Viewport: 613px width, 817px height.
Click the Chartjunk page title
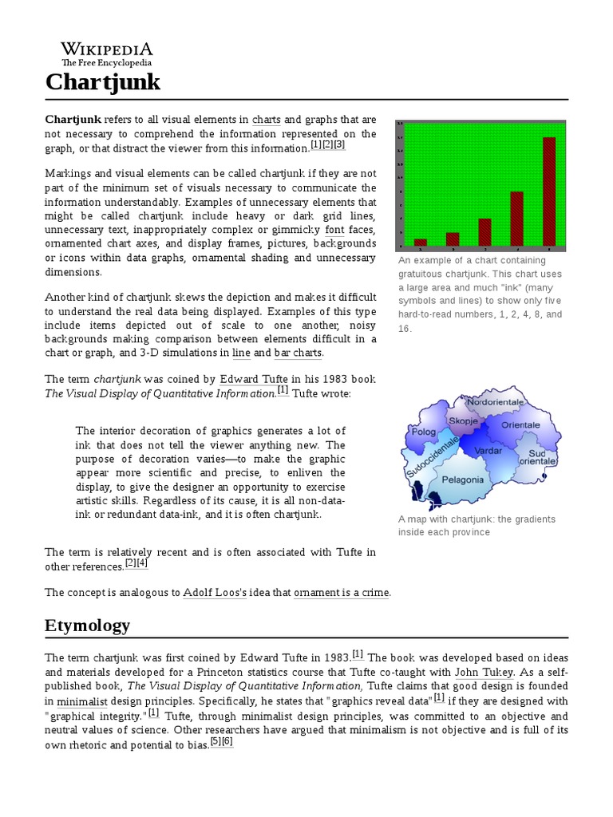pos(103,81)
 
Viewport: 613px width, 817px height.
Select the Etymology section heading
pos(88,625)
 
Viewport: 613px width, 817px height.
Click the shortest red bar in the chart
pos(420,241)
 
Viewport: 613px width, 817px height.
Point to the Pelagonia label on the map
pos(462,480)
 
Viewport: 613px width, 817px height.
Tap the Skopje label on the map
pos(463,420)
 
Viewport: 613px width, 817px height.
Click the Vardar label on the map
pos(488,451)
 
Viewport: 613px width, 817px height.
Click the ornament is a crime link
pos(342,593)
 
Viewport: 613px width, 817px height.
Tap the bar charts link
pos(299,353)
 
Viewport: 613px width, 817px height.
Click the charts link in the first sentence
pos(266,120)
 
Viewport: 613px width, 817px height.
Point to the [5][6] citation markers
pos(221,742)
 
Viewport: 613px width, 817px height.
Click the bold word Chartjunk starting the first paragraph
pos(73,120)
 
